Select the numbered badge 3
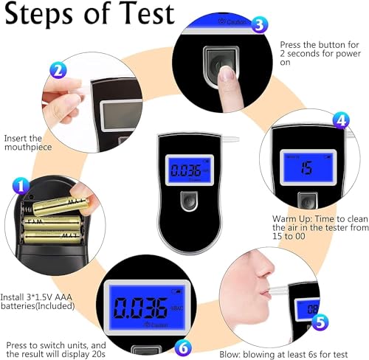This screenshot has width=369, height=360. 258,25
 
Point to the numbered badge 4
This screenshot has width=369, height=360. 340,119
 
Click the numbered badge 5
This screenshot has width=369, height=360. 319,322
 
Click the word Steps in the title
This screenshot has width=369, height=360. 44,14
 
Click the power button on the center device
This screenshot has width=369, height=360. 188,200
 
